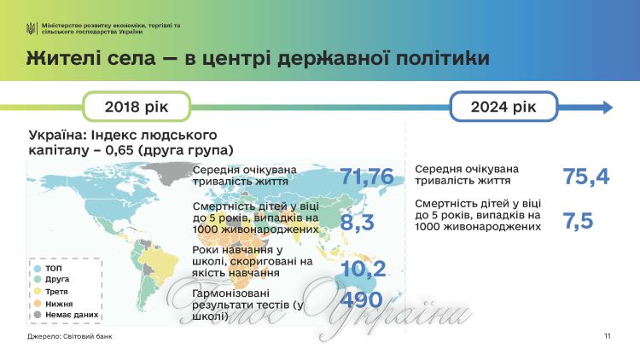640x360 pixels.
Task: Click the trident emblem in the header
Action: (x=31, y=28)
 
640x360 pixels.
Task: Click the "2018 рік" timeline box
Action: (x=137, y=107)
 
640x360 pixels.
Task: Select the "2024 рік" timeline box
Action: (x=503, y=107)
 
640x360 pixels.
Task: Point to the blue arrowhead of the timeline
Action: (x=608, y=107)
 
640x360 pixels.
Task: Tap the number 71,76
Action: (x=367, y=177)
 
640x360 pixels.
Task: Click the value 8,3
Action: (x=358, y=222)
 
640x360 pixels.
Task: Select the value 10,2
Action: (x=364, y=268)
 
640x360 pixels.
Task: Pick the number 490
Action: (x=361, y=299)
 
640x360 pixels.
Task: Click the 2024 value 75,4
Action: (x=586, y=177)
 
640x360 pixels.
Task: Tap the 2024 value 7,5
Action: (x=578, y=221)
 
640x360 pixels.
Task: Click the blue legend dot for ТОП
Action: (x=38, y=269)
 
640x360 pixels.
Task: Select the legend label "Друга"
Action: (x=57, y=279)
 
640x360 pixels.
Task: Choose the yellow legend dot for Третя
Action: (x=38, y=292)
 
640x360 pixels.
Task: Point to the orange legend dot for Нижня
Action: (x=38, y=304)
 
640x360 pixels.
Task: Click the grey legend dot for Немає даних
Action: (x=38, y=315)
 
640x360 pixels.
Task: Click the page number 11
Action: (x=608, y=336)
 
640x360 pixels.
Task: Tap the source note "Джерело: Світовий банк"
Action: (x=70, y=336)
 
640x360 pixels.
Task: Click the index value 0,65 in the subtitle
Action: (x=119, y=150)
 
